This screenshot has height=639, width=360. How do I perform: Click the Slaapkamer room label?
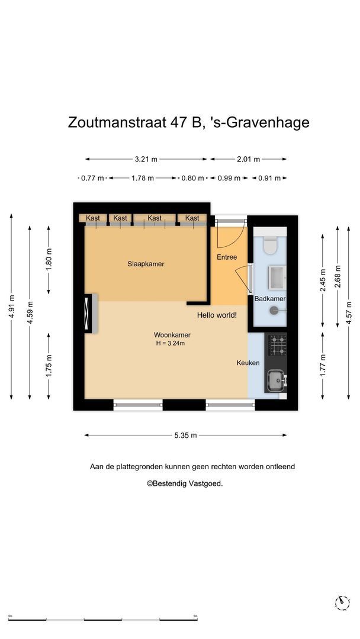[146, 264]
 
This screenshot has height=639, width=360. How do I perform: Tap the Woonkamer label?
[172, 335]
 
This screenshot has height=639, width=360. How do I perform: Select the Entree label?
[227, 257]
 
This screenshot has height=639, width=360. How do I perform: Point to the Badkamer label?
[270, 299]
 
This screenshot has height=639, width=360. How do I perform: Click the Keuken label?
[248, 363]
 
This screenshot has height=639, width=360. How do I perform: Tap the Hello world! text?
[217, 315]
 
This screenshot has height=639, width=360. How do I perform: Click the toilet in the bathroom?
[270, 246]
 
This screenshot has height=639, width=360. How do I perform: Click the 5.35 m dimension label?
[185, 435]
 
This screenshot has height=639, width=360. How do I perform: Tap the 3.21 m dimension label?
[146, 159]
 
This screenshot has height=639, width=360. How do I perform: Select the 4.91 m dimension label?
[12, 306]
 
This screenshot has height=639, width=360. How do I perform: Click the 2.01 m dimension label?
[248, 159]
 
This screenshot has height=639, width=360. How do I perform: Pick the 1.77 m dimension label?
[323, 365]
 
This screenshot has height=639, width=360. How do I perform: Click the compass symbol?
[342, 602]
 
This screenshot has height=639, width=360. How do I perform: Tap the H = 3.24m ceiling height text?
[171, 344]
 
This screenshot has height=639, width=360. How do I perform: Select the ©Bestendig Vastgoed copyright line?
[185, 484]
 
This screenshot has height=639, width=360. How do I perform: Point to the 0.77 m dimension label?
[92, 178]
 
